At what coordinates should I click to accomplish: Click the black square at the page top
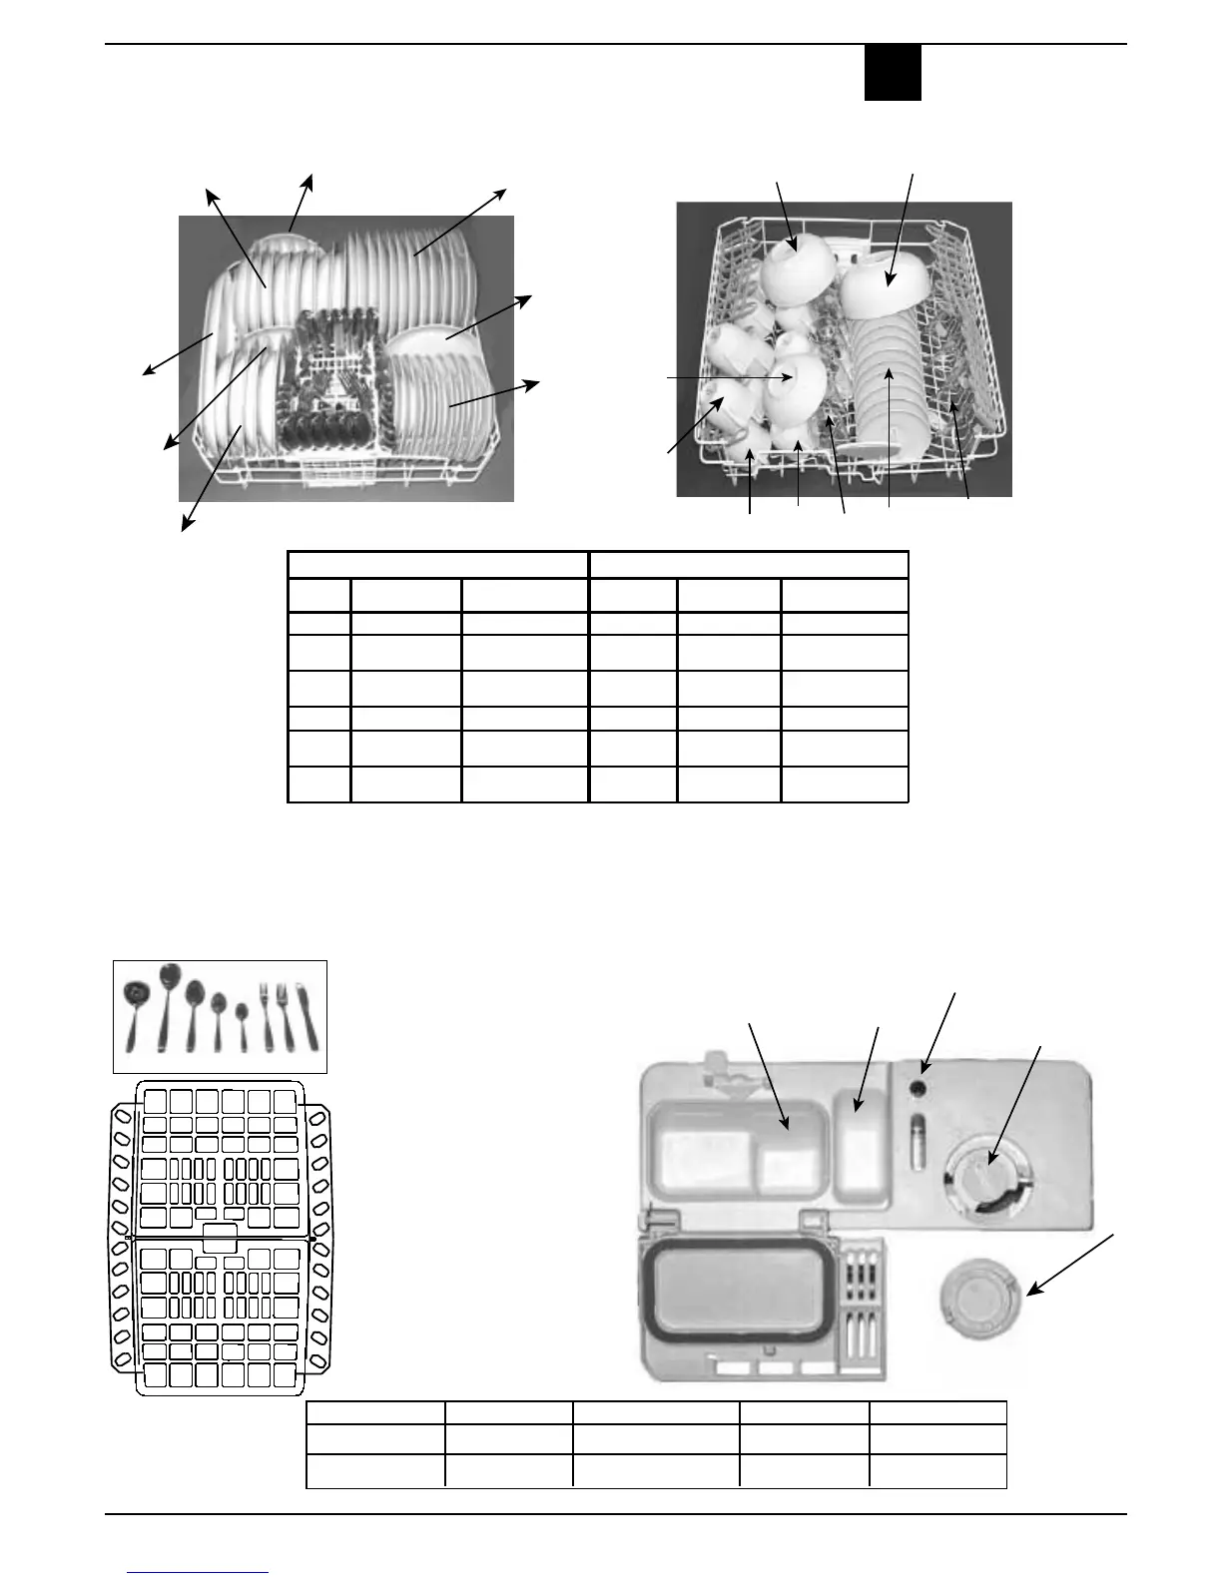pyautogui.click(x=893, y=73)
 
